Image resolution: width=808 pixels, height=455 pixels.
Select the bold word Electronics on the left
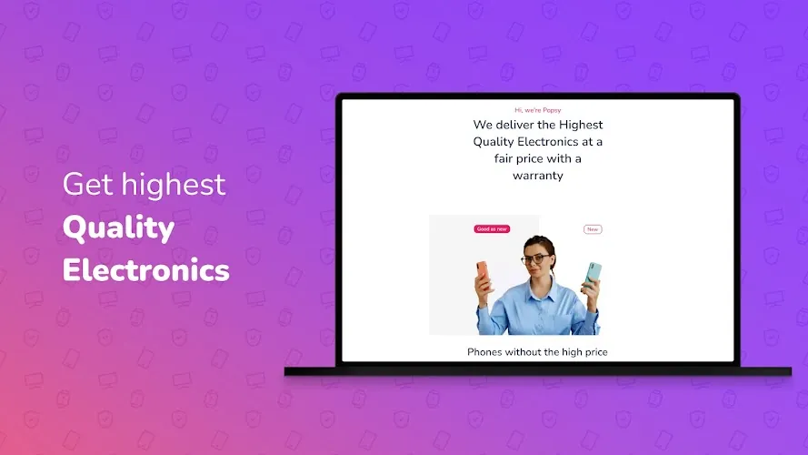pos(145,269)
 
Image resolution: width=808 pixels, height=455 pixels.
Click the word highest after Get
pos(173,184)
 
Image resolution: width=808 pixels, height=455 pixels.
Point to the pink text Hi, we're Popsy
pos(537,110)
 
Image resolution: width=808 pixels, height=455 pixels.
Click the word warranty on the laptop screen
pos(537,176)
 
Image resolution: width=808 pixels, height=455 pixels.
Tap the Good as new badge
pos(492,229)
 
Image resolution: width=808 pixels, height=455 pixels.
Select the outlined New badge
pos(593,229)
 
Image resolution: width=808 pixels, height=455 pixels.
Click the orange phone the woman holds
pos(483,273)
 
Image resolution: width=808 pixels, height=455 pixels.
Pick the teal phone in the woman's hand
pos(593,274)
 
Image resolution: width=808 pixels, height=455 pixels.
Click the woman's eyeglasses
pos(535,259)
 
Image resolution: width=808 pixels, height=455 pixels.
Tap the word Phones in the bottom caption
pos(484,352)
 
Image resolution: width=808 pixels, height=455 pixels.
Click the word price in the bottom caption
pos(596,352)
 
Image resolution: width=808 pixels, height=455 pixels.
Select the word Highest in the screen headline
pos(581,125)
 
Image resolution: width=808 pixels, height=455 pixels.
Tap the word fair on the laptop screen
pos(503,158)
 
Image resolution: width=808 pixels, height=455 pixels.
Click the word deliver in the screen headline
pos(514,125)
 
